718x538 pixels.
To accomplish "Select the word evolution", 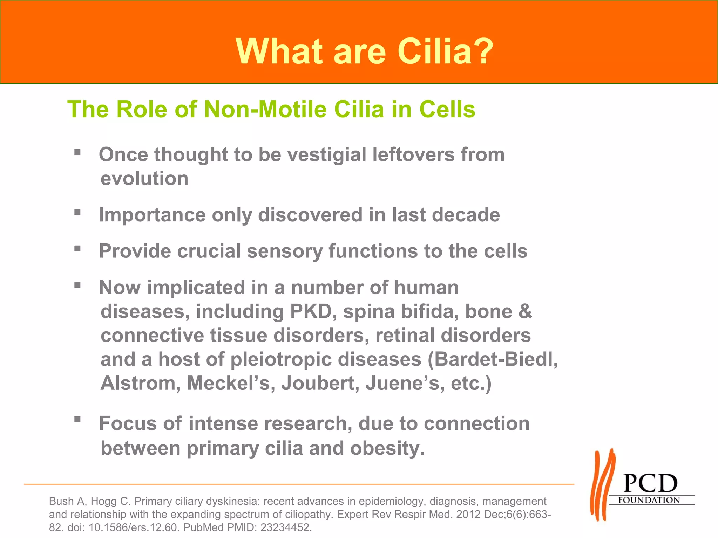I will pos(144,179).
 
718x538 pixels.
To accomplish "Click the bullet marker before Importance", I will pos(77,212).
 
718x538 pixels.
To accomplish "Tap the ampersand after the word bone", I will pos(525,311).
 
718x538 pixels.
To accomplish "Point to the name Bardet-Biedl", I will pos(493,359).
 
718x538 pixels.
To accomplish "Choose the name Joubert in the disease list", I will pos(320,383).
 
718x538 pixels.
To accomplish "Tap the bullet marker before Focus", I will pos(77,419).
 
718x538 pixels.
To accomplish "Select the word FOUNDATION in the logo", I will pos(649,500).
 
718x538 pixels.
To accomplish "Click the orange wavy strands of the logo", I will pos(602,485).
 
